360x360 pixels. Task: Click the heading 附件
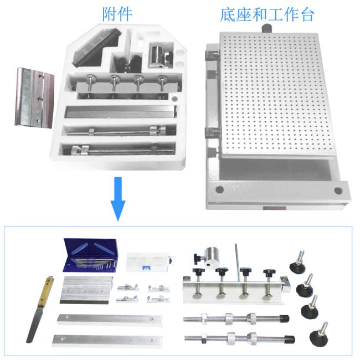(x=117, y=14)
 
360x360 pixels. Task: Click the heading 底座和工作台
(x=267, y=15)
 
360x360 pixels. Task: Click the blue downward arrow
(x=118, y=199)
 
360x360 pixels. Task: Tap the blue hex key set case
(x=90, y=255)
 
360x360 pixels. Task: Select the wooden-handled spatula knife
(x=40, y=309)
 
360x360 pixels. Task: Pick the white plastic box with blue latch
(x=150, y=262)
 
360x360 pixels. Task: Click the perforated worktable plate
(x=276, y=94)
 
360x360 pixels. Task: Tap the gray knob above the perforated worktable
(x=266, y=28)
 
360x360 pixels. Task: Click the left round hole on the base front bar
(x=219, y=189)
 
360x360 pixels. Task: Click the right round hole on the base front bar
(x=338, y=191)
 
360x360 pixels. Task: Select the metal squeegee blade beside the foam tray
(x=34, y=97)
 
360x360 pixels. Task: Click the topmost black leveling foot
(x=297, y=262)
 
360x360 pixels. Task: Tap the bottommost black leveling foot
(x=318, y=335)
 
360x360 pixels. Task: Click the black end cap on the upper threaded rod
(x=284, y=318)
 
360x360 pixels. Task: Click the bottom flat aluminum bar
(x=107, y=341)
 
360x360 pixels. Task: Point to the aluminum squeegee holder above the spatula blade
(x=86, y=290)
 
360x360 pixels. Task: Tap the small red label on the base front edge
(x=274, y=208)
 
